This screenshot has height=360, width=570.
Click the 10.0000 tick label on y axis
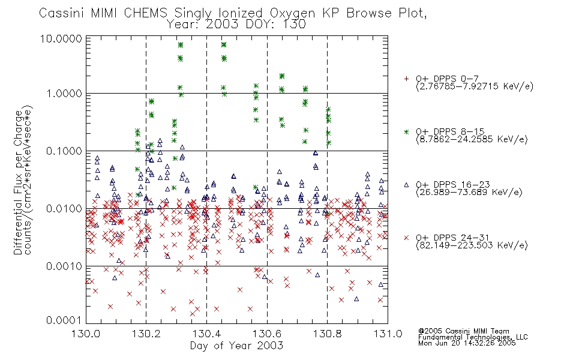point(61,38)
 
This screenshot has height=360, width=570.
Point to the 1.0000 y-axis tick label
point(64,94)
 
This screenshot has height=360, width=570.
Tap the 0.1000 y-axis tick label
point(64,151)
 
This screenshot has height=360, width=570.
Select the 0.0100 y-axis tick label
point(64,209)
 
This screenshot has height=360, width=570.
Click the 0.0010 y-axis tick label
point(64,266)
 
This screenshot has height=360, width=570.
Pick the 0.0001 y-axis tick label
point(64,320)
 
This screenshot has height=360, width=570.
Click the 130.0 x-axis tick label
point(86,334)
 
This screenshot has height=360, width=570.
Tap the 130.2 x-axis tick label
point(146,334)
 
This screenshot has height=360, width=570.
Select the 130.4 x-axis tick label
point(206,334)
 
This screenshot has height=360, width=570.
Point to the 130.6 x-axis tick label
point(267,334)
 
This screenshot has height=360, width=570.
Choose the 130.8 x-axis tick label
point(328,334)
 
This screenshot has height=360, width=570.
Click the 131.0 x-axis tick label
point(388,334)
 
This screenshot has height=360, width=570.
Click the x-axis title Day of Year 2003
point(236,346)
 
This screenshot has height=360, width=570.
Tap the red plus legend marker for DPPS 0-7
point(406,79)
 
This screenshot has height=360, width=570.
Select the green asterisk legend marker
point(406,131)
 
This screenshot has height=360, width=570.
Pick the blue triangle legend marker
point(406,185)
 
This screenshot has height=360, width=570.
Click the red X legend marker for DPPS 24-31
point(406,238)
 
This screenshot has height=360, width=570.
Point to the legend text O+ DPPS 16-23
point(453,184)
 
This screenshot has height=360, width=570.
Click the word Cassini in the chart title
point(62,13)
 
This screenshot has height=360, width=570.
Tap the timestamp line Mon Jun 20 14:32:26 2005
point(467,343)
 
